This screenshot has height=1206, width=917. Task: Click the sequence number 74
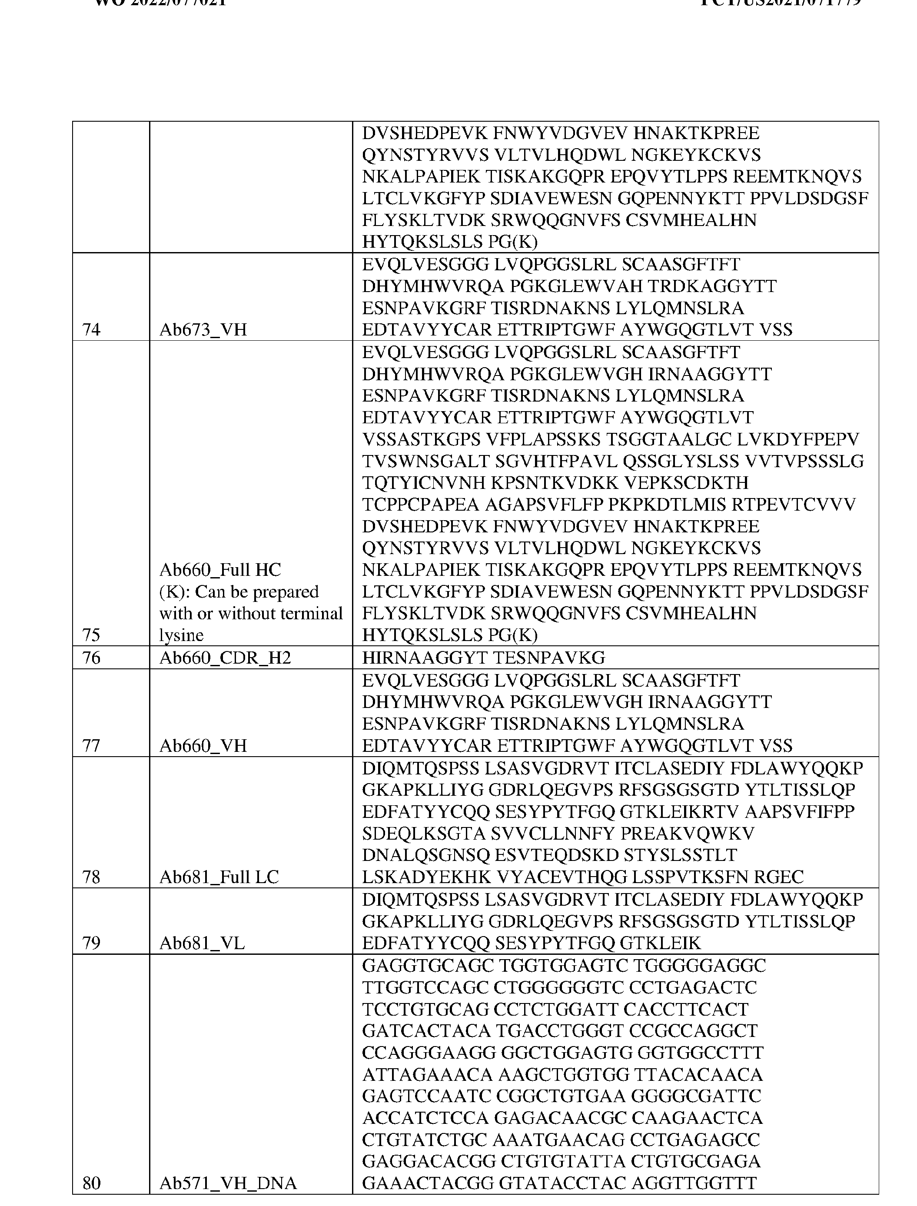(x=91, y=329)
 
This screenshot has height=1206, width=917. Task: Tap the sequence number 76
(x=91, y=658)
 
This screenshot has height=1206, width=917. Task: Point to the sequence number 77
(x=91, y=745)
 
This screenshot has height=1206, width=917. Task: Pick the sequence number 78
(x=91, y=877)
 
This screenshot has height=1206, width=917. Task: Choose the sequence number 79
(x=91, y=943)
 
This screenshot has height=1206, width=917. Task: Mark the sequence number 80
(x=91, y=1183)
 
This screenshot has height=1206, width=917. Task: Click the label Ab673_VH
(x=203, y=329)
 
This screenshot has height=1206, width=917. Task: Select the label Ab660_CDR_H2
(x=225, y=658)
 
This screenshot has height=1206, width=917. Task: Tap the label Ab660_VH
(x=203, y=745)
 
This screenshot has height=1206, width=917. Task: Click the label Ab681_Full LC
(x=219, y=877)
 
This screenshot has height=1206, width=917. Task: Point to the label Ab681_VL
(x=202, y=943)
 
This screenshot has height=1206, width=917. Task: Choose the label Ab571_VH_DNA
(x=228, y=1183)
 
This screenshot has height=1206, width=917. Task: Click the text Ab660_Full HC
(x=220, y=570)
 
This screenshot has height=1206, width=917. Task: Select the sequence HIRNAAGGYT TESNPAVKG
(x=484, y=658)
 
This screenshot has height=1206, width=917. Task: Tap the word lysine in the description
(x=181, y=635)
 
